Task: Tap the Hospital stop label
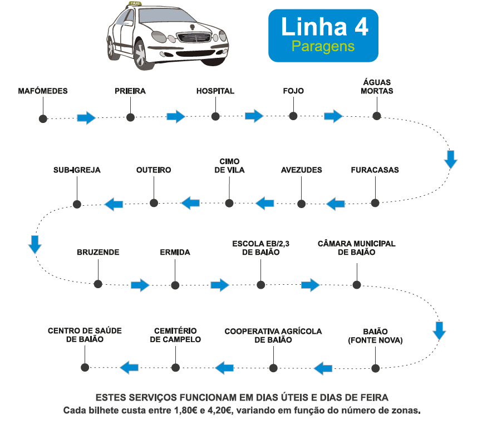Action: pos(215,91)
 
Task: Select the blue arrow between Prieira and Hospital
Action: pos(176,116)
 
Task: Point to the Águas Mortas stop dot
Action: pos(377,116)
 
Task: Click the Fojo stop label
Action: pos(293,91)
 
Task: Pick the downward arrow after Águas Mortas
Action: pos(451,159)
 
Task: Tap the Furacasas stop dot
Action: pos(375,202)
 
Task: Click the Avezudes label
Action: pos(302,170)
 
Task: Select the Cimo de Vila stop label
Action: pos(229,166)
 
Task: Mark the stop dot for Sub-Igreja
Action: pos(77,204)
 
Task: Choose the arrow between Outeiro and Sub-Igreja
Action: pos(114,204)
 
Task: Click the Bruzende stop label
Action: pos(98,253)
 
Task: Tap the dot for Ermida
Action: pos(175,285)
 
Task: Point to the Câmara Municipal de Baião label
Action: pos(356,248)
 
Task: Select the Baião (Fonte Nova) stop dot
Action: pos(375,368)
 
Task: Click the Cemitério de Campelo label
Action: pos(175,335)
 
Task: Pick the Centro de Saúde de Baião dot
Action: pos(85,367)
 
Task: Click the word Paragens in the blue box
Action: pos(323,46)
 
